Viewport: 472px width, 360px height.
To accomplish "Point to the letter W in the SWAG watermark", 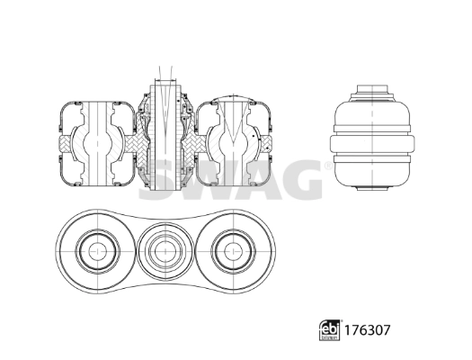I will [214, 179].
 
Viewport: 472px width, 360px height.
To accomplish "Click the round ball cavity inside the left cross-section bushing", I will [94, 144].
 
